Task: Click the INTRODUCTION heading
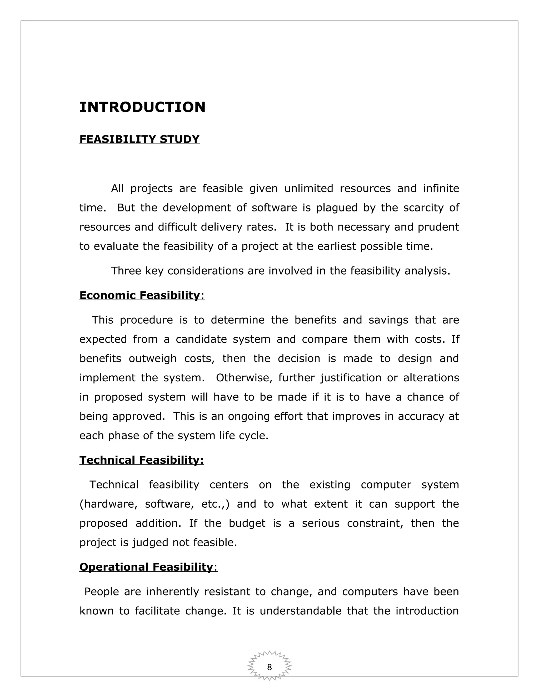tap(142, 107)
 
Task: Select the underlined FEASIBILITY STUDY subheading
tap(139, 139)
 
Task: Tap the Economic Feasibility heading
tap(139, 295)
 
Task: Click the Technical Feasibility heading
tap(141, 460)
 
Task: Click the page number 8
tap(269, 667)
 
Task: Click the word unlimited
tap(308, 189)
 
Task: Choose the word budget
tap(247, 523)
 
